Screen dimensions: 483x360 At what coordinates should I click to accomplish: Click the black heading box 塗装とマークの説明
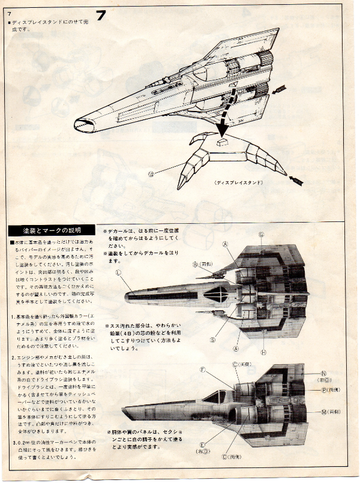pos(52,230)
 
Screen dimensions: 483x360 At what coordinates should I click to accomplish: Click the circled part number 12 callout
pos(151,174)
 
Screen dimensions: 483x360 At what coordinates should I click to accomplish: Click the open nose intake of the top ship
pos(82,124)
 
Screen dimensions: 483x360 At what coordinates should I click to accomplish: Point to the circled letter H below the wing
pos(263,352)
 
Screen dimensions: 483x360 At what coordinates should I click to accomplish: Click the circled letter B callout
pos(196,263)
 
